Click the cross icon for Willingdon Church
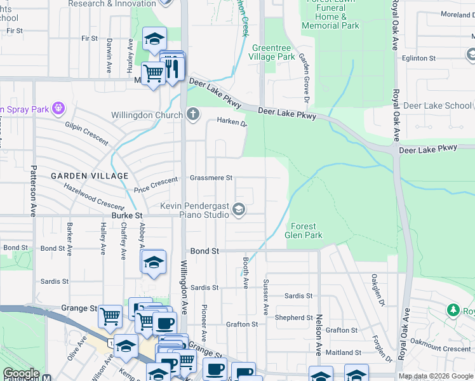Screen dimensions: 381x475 point(193,114)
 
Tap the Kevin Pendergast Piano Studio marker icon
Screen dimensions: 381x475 point(239,210)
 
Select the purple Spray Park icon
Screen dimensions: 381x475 point(59,109)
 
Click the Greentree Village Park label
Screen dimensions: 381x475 point(274,52)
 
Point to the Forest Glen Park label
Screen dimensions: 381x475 point(307,231)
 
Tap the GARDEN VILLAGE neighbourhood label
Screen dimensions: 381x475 point(90,175)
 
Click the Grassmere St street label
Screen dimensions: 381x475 point(211,178)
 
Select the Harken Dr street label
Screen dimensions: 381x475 point(231,121)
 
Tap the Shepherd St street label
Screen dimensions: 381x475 point(293,317)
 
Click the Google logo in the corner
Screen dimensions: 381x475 point(20,373)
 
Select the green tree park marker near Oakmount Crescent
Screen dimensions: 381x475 point(453,310)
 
